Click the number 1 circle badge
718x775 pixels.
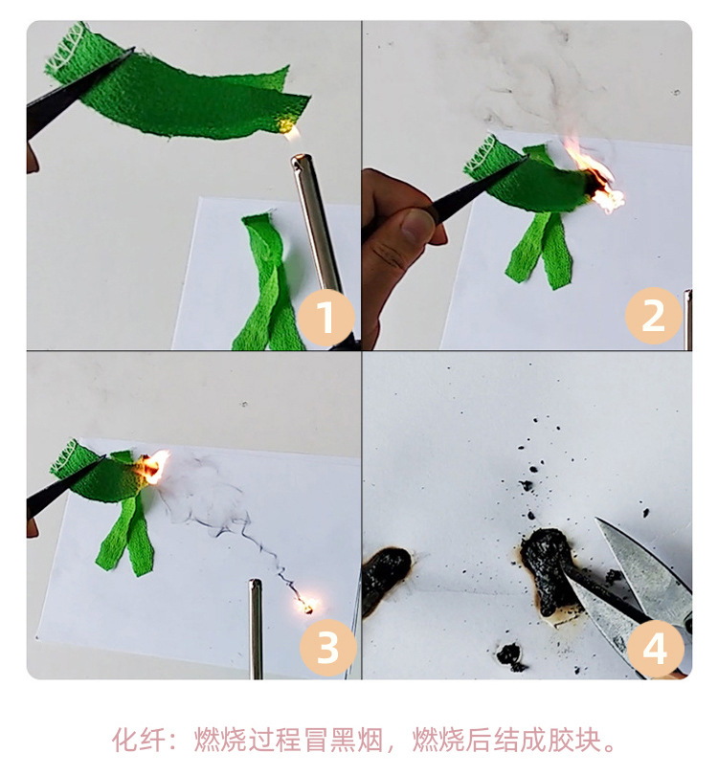point(326,318)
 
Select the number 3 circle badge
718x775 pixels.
point(326,647)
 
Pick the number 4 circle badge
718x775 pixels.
point(654,647)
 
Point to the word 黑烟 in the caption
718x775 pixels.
point(360,740)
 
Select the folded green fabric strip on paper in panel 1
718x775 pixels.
point(267,282)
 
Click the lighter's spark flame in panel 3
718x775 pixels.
point(307,604)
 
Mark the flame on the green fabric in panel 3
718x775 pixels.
point(152,468)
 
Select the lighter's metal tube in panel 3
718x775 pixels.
point(256,627)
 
